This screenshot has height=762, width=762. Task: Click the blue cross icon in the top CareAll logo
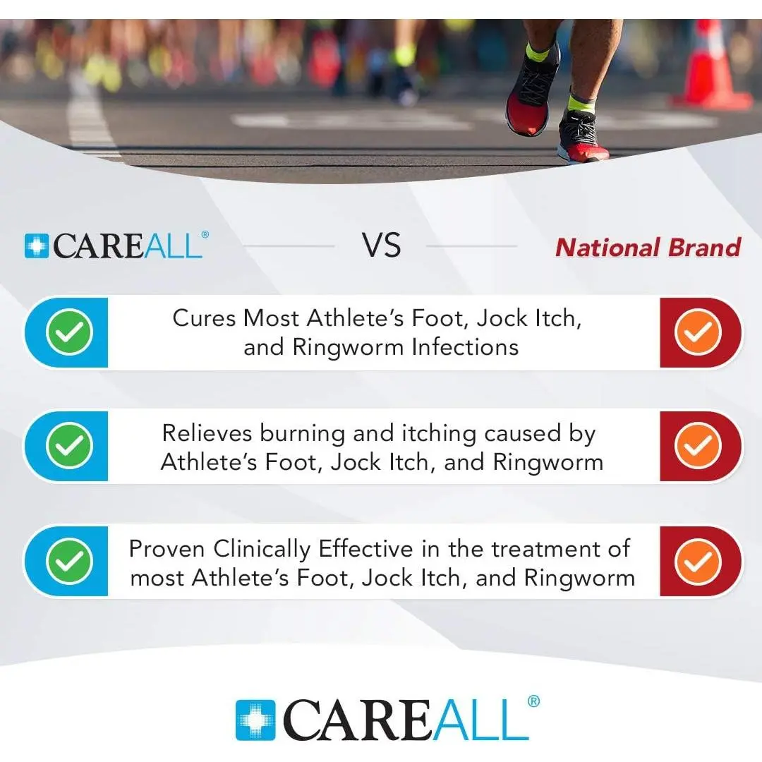(37, 246)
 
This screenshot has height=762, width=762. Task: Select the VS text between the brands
(381, 245)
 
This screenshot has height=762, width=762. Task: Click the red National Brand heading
(648, 247)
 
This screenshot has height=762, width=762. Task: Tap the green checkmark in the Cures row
(69, 332)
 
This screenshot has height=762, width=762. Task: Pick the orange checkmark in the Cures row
(698, 332)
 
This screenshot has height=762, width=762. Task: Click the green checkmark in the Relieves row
(69, 446)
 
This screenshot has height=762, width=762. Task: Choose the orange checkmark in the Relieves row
(698, 446)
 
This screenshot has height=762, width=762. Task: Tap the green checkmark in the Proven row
(69, 562)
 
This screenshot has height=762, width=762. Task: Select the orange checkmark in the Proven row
(698, 562)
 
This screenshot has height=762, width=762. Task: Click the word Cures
(204, 318)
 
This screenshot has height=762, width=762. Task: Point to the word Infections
(465, 347)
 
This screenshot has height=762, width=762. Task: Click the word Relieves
(207, 433)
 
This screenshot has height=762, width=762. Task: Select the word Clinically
(262, 550)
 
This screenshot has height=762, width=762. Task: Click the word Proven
(167, 549)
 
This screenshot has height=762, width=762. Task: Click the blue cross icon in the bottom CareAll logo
(255, 720)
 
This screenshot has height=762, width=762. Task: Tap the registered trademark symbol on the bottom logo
(533, 701)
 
